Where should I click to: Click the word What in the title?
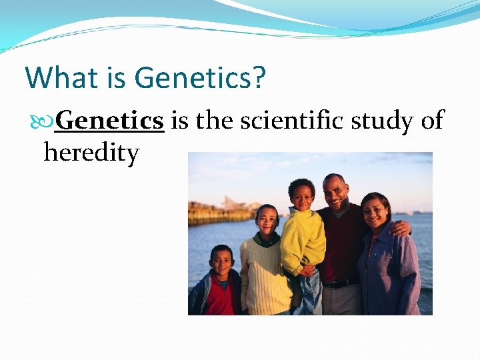pos(59,78)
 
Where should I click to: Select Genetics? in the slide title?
pos(199,78)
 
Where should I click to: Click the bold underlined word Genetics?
pos(109,121)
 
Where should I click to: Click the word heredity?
pos(91,153)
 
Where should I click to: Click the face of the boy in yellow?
pos(302,197)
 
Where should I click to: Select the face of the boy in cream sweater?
pos(267,221)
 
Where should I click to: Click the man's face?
pos(335,192)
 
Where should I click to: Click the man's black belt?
pos(340,283)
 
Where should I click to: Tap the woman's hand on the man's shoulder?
pos(400,228)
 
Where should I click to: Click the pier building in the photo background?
pos(233,204)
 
